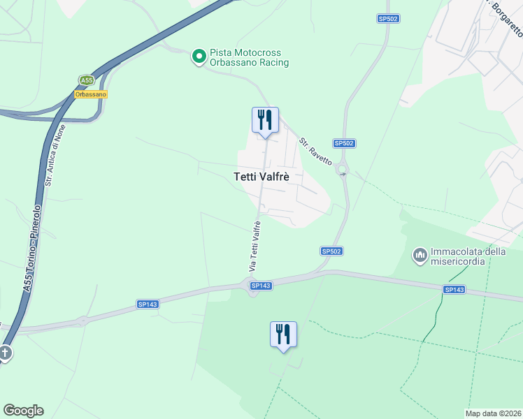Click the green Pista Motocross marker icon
(x=199, y=56)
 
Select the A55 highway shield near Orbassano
(x=86, y=80)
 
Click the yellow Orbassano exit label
(x=91, y=94)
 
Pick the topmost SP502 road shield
(x=388, y=19)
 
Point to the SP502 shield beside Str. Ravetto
(x=344, y=143)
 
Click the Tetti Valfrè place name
(x=261, y=177)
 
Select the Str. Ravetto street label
(x=315, y=151)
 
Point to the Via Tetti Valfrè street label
(x=255, y=247)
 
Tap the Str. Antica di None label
(x=50, y=160)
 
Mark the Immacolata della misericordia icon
(x=420, y=256)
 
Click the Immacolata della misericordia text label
(x=468, y=256)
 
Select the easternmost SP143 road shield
(x=454, y=289)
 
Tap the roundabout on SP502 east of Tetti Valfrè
(x=343, y=169)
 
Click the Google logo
(x=23, y=411)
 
